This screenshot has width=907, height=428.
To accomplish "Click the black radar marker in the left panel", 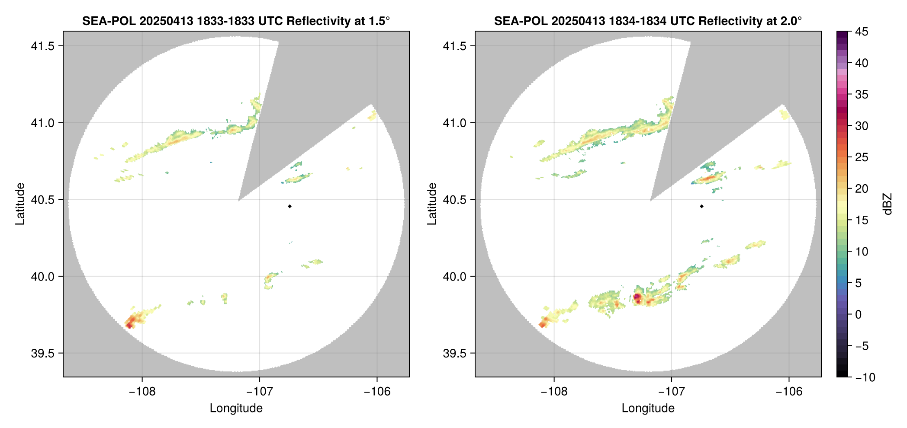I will coord(289,206).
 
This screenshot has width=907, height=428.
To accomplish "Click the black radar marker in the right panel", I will coord(701,206).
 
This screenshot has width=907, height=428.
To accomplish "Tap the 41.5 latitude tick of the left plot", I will coord(42,46).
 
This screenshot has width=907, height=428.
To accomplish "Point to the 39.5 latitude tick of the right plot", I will coord(454,353).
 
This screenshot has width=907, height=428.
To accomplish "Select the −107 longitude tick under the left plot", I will coord(260,391).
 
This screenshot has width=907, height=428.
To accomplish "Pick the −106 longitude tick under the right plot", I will coord(789,391).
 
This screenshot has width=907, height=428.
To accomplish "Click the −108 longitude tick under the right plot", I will coord(554,391).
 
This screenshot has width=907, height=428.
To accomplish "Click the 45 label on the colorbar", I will coord(862,32).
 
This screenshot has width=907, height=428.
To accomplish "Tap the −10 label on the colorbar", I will coord(865,377).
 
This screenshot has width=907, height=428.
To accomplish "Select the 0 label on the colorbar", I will coord(859,315).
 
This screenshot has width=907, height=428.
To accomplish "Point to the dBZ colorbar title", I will coord(888,204).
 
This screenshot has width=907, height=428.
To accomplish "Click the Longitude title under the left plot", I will coord(236,408).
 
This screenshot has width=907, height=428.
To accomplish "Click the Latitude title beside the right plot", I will coord(432,204).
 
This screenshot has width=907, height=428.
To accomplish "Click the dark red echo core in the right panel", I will coord(637,297).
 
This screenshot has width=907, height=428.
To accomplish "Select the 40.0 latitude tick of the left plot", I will coord(42,276).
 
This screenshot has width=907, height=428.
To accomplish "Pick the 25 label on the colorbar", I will coord(862,157).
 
